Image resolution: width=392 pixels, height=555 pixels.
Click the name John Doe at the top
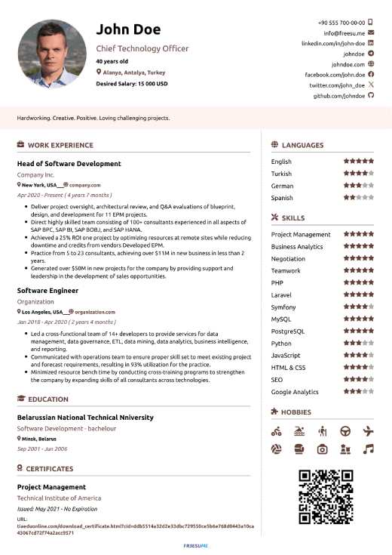click(x=128, y=29)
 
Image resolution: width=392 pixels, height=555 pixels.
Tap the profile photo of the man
click(x=52, y=54)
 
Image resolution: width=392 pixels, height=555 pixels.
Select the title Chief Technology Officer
click(x=142, y=48)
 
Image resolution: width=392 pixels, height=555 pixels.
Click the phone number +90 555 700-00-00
click(x=341, y=23)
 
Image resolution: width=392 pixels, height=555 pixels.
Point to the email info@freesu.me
click(x=344, y=33)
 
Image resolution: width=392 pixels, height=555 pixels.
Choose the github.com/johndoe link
click(x=338, y=97)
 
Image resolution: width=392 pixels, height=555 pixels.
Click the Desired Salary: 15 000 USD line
click(x=131, y=84)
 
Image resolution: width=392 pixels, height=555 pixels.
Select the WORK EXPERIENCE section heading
click(x=60, y=145)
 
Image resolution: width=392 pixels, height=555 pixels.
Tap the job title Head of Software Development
click(x=69, y=163)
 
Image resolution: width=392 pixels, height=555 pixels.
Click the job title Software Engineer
click(x=47, y=290)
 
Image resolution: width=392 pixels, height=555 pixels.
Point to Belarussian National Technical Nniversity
click(x=85, y=417)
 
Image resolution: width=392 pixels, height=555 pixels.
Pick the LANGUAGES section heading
click(x=302, y=145)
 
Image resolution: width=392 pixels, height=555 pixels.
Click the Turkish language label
click(x=281, y=174)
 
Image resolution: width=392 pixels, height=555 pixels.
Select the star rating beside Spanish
click(x=358, y=198)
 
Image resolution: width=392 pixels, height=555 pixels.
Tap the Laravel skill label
click(x=282, y=295)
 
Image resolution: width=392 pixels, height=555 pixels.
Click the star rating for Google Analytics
click(x=358, y=392)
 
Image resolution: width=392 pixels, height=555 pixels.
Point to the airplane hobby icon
click(x=368, y=431)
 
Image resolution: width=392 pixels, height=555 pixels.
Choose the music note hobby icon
click(x=368, y=449)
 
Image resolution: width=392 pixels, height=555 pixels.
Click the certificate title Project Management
click(x=51, y=487)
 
